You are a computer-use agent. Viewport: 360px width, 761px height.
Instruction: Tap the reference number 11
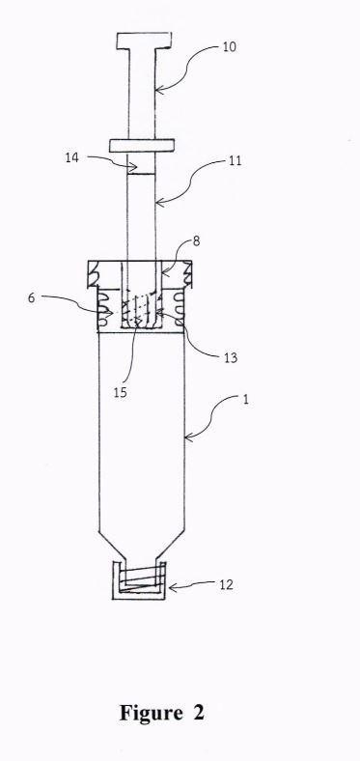[x=235, y=160]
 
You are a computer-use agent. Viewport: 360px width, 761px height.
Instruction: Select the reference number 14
[x=72, y=157]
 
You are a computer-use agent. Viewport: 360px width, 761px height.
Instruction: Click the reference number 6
[x=31, y=297]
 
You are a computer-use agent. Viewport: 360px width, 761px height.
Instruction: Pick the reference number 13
[x=231, y=358]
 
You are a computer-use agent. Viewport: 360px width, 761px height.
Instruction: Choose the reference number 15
[x=120, y=392]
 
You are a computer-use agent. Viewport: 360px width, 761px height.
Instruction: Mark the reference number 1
[x=246, y=402]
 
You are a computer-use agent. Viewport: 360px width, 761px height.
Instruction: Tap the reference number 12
[x=226, y=584]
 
